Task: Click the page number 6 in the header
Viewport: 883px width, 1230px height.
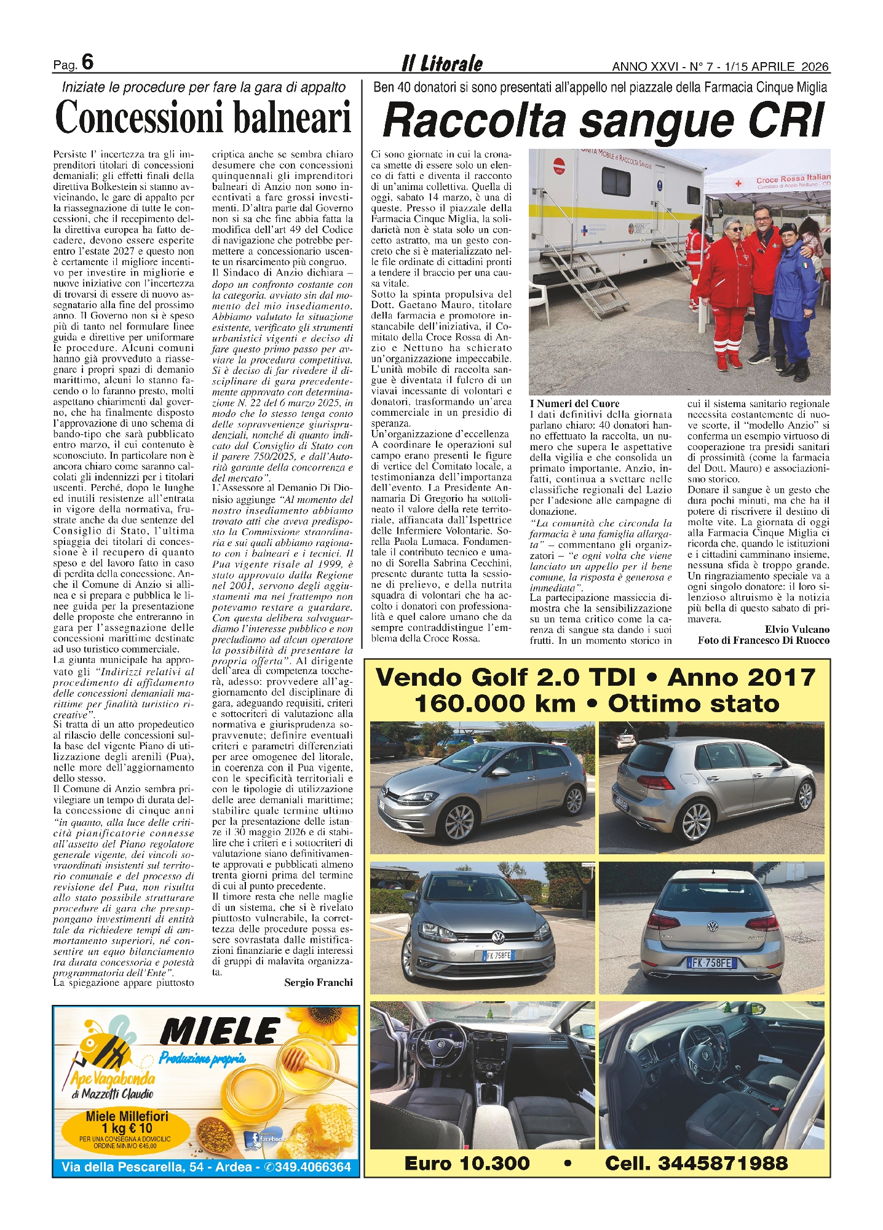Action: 87,63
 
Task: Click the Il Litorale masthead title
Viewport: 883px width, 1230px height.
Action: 442,63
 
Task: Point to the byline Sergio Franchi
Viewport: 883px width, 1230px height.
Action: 319,982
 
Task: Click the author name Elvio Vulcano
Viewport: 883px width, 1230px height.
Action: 797,629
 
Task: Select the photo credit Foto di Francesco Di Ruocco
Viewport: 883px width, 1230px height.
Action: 763,640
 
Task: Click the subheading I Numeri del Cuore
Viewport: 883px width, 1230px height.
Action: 574,403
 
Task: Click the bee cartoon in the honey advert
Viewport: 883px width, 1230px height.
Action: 108,1045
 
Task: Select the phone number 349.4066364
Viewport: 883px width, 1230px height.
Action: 313,1167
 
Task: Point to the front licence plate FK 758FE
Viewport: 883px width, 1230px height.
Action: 498,955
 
